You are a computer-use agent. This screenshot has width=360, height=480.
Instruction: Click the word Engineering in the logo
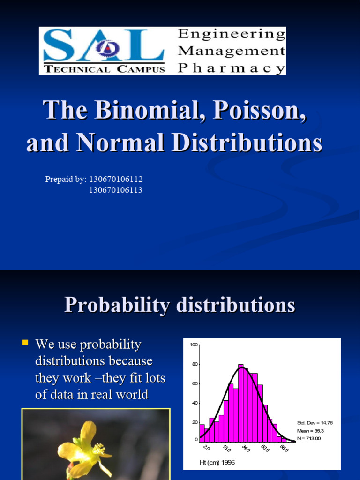pos(232,34)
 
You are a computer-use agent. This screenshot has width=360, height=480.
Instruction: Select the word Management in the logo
pos(232,50)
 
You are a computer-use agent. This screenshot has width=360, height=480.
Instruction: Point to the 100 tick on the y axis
pos(194,345)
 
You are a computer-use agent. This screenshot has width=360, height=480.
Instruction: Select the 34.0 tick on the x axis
pos(246,449)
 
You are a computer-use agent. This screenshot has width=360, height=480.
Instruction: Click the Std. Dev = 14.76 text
pos(315,422)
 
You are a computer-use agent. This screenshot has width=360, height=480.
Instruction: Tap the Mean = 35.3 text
pos(311,430)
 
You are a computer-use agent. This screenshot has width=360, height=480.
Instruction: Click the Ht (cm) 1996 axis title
pos(217,462)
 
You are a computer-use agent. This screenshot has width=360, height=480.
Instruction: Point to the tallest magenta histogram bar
pos(241,403)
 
